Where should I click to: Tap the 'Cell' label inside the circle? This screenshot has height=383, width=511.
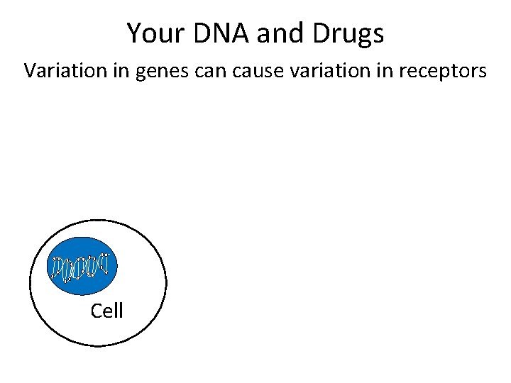tap(107, 311)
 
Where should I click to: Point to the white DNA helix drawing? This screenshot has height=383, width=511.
tap(81, 267)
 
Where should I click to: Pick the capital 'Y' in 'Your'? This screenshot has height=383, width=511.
tap(133, 33)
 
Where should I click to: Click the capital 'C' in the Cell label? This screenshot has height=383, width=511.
tap(97, 311)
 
